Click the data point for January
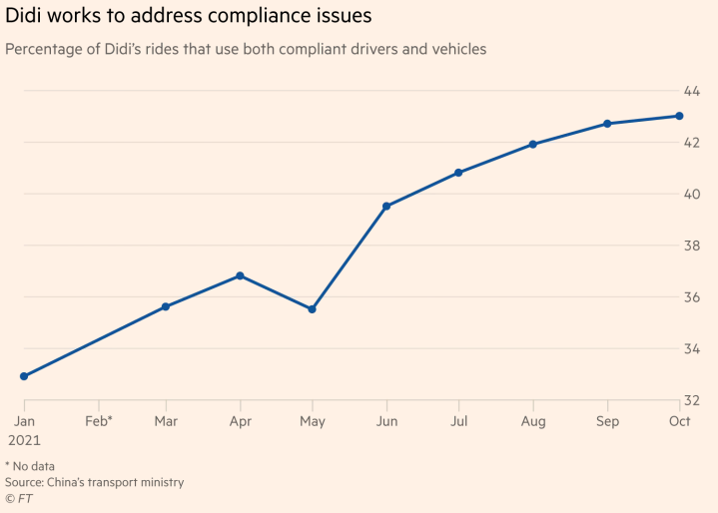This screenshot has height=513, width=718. [x=24, y=376]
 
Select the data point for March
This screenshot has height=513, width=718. [x=166, y=306]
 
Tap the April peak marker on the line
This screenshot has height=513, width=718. [x=240, y=275]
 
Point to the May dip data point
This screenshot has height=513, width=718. [x=312, y=309]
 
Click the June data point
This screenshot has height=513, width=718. [x=386, y=207]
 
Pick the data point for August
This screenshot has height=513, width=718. [x=533, y=144]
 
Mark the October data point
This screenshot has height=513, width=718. [x=679, y=116]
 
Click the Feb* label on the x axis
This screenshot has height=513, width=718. [x=98, y=421]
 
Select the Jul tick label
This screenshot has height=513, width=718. [x=458, y=421]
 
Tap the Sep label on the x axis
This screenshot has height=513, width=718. [x=606, y=421]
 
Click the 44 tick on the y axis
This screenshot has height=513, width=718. [x=692, y=91]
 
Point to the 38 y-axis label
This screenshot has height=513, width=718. [x=692, y=246]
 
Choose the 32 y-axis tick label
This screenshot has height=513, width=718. [x=692, y=400]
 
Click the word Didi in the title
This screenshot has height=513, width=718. [x=27, y=16]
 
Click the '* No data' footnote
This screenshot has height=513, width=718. [x=30, y=466]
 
